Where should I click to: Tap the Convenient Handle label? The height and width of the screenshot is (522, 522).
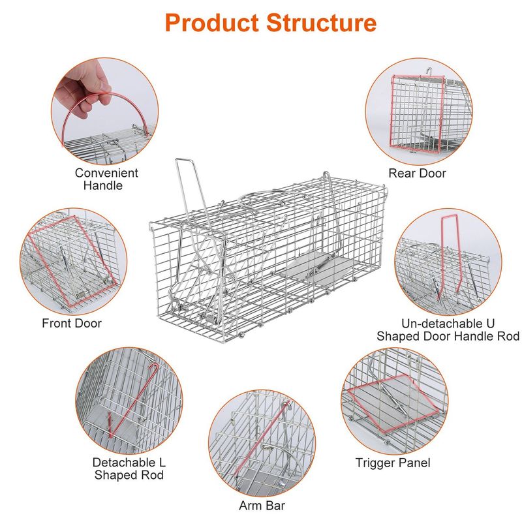(106, 179)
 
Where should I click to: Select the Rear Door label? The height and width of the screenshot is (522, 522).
(417, 173)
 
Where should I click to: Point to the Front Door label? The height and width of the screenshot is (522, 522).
(72, 323)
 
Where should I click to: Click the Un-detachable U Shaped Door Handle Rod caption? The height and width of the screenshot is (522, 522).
(448, 330)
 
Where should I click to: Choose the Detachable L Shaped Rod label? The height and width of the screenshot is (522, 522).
(129, 468)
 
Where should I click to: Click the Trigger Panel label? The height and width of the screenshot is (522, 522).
(393, 463)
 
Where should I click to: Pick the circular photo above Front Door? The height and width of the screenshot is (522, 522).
(71, 261)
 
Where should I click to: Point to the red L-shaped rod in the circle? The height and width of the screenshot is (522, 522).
(134, 398)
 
